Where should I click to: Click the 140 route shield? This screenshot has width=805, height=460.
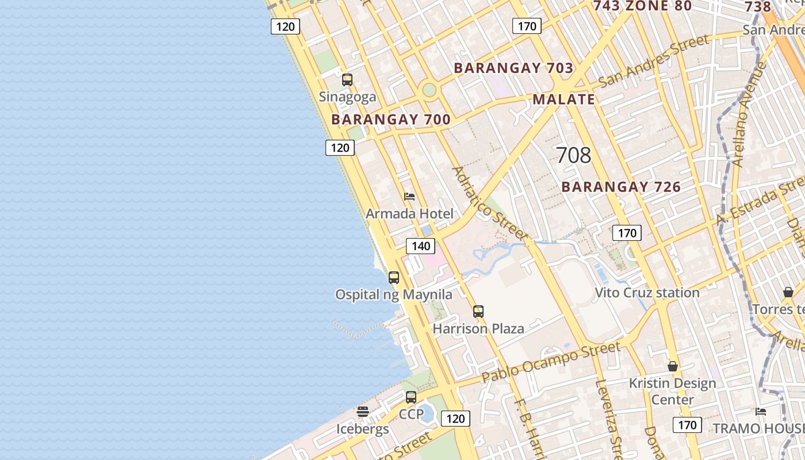421,246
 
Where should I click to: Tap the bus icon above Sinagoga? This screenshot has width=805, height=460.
347,80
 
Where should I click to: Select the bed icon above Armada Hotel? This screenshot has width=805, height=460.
409,197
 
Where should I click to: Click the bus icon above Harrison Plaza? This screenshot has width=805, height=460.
478,312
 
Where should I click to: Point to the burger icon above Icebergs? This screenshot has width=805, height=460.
362,412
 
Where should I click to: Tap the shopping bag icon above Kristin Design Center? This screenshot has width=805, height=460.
673,366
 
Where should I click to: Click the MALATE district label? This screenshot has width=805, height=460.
563,99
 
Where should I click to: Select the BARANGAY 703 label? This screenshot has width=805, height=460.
513,68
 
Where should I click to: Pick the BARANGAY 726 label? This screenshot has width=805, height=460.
621,187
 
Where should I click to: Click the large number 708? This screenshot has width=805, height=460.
573,155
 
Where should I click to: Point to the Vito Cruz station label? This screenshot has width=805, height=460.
647,293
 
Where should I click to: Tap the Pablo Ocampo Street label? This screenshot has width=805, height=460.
551,362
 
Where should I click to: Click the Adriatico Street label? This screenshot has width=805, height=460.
489,203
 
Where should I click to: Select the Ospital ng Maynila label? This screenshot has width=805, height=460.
394,295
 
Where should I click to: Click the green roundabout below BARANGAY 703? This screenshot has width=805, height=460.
429,90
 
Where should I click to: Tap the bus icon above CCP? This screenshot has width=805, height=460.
411,397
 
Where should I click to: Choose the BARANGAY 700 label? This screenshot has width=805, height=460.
391,120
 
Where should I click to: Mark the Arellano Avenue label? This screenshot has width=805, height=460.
749,114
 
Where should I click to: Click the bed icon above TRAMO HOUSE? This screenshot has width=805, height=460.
761,411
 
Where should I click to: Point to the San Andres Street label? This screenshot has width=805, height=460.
654,61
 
